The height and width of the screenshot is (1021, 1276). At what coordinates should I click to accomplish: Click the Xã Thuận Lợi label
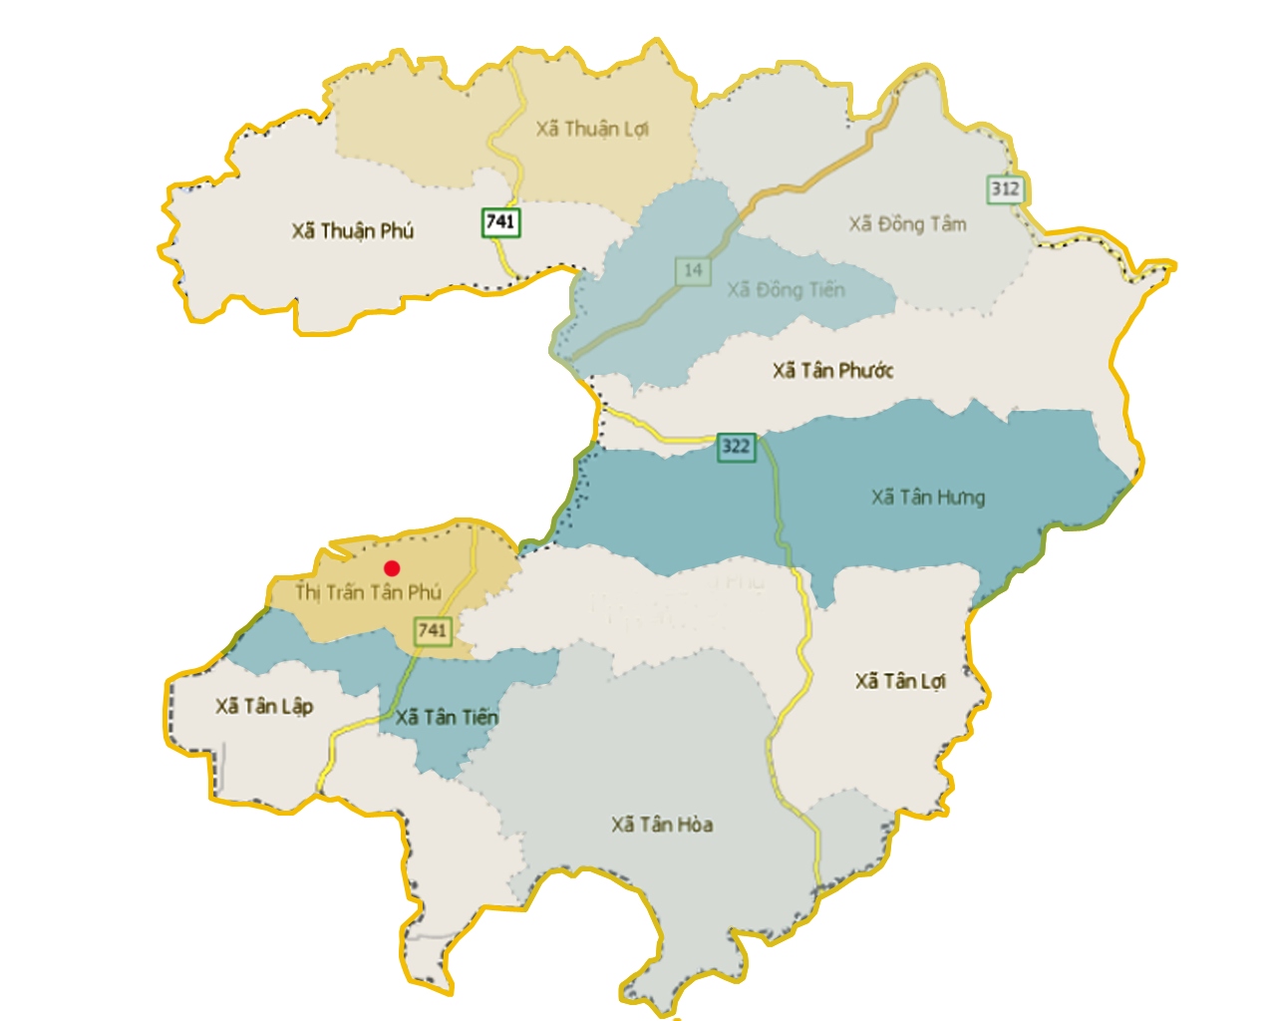(592, 130)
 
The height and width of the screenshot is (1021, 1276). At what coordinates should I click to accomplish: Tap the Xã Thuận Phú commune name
(352, 231)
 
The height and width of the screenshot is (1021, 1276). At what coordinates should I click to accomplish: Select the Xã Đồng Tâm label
(907, 224)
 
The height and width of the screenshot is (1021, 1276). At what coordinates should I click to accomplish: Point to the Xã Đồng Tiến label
(786, 290)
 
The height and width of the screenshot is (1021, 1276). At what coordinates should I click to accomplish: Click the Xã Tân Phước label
(832, 371)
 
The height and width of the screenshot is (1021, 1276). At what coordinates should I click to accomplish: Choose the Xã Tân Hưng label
(927, 498)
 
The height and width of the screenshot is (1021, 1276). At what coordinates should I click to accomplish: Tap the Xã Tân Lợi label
(899, 681)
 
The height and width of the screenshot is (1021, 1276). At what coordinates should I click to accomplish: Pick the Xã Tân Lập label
(264, 707)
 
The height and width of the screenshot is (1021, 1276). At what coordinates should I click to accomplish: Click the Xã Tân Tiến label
(447, 718)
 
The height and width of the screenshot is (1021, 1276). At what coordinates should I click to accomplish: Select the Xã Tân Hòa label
(662, 825)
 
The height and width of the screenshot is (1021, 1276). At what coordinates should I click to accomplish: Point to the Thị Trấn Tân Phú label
(368, 592)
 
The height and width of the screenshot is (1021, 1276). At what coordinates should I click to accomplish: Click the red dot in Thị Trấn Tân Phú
(392, 568)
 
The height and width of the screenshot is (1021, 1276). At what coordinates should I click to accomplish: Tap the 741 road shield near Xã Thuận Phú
(500, 221)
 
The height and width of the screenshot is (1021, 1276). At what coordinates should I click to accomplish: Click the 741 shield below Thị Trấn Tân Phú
(433, 630)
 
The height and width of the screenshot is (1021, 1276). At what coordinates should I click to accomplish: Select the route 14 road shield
(693, 270)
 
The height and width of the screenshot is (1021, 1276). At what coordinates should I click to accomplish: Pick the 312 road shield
(1005, 188)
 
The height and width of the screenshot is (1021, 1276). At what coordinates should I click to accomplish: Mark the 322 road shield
(736, 447)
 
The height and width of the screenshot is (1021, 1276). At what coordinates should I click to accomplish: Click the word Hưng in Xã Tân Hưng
(961, 498)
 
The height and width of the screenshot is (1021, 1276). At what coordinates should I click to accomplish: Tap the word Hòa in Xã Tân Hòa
(694, 825)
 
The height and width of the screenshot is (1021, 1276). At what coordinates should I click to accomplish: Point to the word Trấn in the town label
(345, 592)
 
